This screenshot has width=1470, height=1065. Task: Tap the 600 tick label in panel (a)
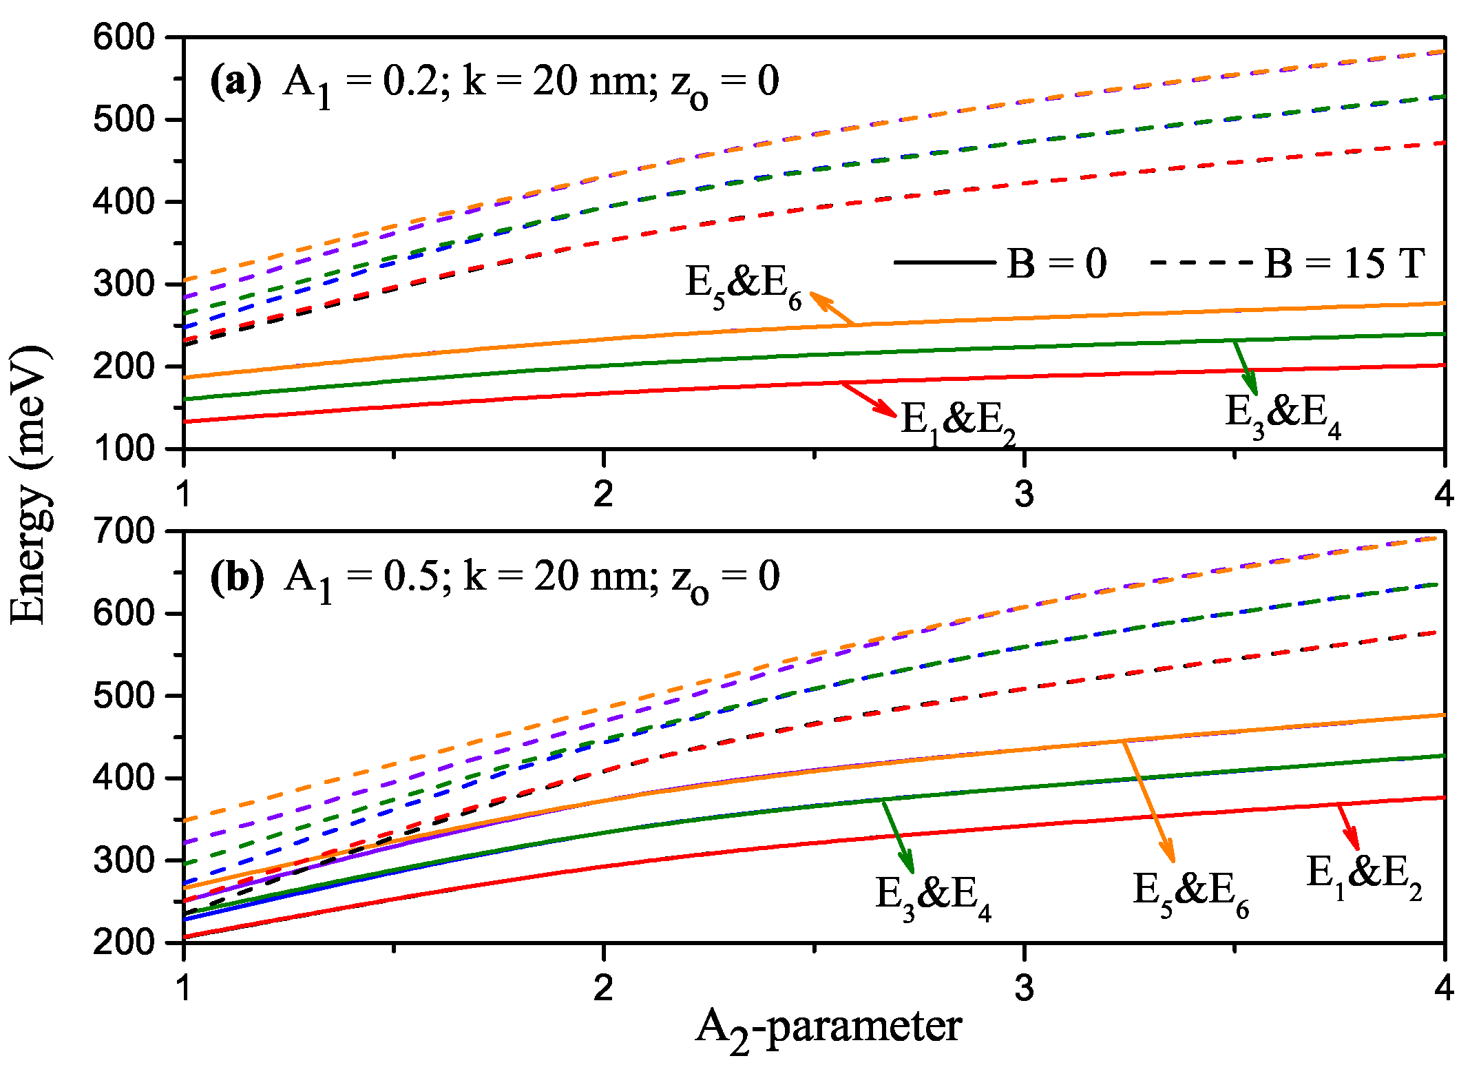125,37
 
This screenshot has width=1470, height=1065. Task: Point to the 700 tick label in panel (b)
125,531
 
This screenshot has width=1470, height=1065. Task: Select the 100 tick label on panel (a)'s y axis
125,449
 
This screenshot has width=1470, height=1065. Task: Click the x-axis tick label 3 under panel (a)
1024,494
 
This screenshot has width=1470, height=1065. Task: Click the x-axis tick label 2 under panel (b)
603,988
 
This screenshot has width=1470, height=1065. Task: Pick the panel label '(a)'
235,82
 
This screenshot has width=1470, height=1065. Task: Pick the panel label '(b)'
236,577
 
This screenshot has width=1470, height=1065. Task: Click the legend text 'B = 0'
1056,264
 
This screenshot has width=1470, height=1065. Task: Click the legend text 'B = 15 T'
1343,264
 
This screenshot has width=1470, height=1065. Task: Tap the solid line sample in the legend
945,262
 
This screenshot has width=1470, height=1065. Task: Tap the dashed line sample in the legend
1201,262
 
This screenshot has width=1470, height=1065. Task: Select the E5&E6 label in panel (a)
744,285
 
